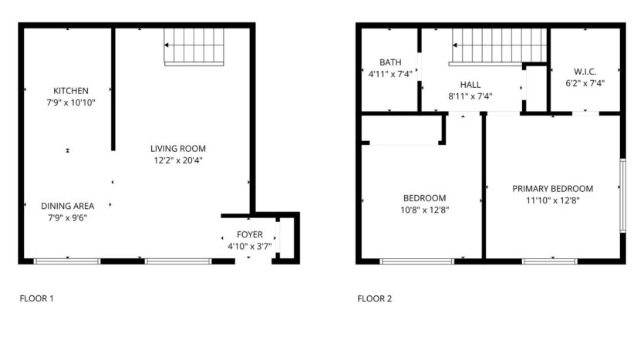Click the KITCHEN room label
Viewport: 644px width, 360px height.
tap(71, 91)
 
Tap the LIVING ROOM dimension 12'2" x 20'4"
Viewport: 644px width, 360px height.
tap(178, 160)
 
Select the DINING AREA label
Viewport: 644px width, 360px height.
tap(67, 206)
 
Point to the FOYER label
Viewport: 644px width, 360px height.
tap(250, 234)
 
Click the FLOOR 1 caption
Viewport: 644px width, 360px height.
tap(36, 298)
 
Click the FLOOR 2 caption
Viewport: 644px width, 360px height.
tap(375, 298)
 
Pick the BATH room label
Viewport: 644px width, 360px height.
tap(390, 62)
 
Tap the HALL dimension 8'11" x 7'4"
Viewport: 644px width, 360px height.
tap(470, 96)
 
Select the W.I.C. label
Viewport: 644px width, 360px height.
tap(585, 72)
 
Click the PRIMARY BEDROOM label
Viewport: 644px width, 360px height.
tap(552, 189)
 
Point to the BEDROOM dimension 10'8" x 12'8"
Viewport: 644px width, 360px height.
tap(425, 210)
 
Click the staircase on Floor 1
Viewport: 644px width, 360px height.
tap(194, 47)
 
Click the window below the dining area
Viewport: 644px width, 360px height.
tap(67, 261)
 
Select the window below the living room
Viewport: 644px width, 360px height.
tap(178, 261)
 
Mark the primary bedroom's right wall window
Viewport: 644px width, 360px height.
tap(622, 196)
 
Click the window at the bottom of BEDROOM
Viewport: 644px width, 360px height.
tap(417, 261)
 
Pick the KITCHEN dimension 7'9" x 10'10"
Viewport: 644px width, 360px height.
tap(71, 103)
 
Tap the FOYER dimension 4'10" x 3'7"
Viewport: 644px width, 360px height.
tap(250, 247)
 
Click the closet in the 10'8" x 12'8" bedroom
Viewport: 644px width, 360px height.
tap(402, 130)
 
